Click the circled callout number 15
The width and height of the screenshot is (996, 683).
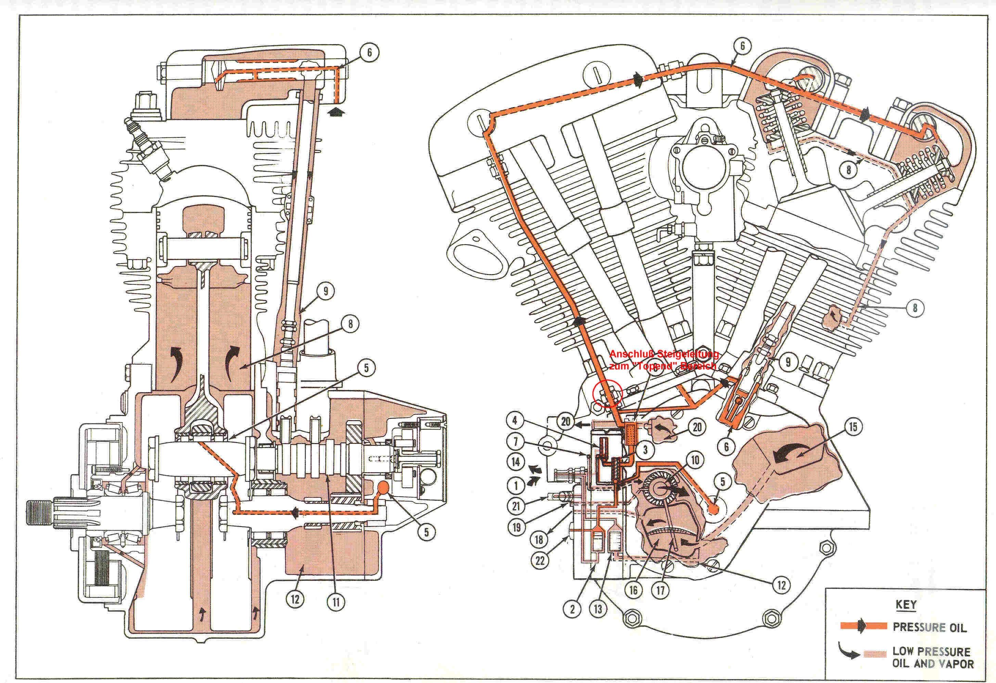tap(853, 427)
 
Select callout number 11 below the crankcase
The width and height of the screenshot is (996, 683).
tap(336, 603)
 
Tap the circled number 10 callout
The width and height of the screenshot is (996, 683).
tap(695, 461)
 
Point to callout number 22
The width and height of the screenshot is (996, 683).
tap(540, 561)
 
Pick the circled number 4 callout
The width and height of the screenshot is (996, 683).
tap(515, 420)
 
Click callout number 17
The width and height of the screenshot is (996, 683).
tap(661, 590)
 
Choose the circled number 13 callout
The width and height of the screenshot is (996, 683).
tap(598, 609)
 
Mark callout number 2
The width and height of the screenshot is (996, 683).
tap(573, 609)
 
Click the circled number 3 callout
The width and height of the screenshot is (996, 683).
tap(645, 450)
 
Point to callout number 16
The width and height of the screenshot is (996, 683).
tap(634, 590)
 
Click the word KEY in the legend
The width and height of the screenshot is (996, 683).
tap(906, 605)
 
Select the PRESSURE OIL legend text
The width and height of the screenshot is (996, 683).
tap(930, 627)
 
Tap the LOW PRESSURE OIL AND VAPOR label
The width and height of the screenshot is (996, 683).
tap(933, 657)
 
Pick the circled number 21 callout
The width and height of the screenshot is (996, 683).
tap(516, 506)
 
